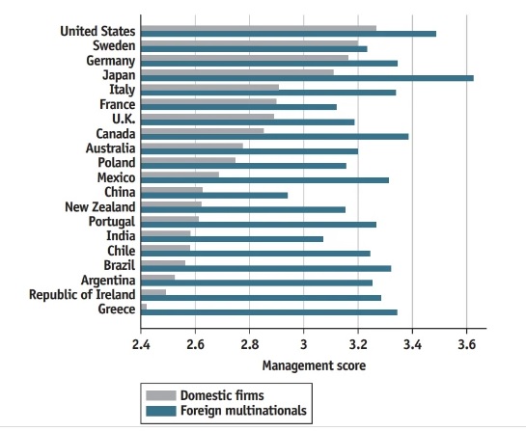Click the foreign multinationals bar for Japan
pos(307,77)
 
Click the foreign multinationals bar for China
pos(214,194)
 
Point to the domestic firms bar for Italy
pos(209,87)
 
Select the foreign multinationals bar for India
pos(232,238)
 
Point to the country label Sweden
pos(114,45)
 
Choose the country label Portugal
pos(109,220)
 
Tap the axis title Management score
pos(314,365)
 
